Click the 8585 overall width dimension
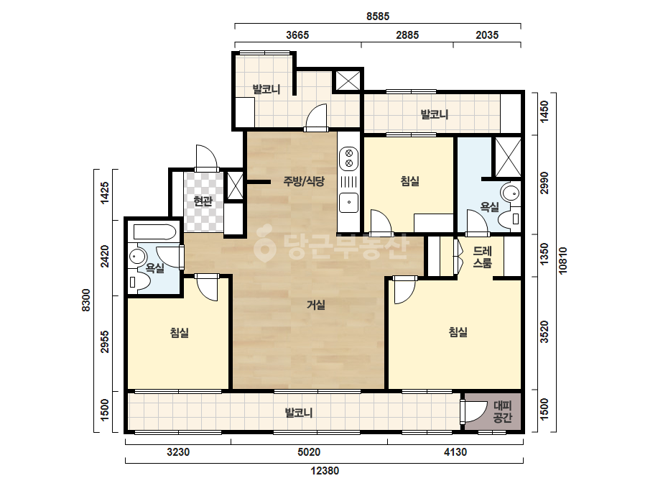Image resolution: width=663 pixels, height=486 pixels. (378, 17)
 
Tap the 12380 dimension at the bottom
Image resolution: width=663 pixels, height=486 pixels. (325, 471)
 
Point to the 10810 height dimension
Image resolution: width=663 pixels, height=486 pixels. (562, 260)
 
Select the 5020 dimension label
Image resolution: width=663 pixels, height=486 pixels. (309, 452)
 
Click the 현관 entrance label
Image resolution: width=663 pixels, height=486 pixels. (203, 201)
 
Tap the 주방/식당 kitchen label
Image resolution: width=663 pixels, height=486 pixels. (304, 182)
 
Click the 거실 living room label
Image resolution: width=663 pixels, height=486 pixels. (316, 304)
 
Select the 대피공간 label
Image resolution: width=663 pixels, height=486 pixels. (502, 412)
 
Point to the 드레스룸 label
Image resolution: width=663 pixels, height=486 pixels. (483, 257)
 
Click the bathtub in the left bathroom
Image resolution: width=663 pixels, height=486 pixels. (154, 232)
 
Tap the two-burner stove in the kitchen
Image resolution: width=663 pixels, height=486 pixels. (349, 158)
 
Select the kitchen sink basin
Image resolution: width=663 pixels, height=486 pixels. (349, 202)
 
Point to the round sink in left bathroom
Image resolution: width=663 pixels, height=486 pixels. (137, 256)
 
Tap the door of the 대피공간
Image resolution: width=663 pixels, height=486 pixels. (473, 411)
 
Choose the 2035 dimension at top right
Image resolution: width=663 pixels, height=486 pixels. (487, 35)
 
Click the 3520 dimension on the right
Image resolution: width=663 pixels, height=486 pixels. (544, 332)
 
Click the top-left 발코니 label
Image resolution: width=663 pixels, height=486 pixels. (266, 89)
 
